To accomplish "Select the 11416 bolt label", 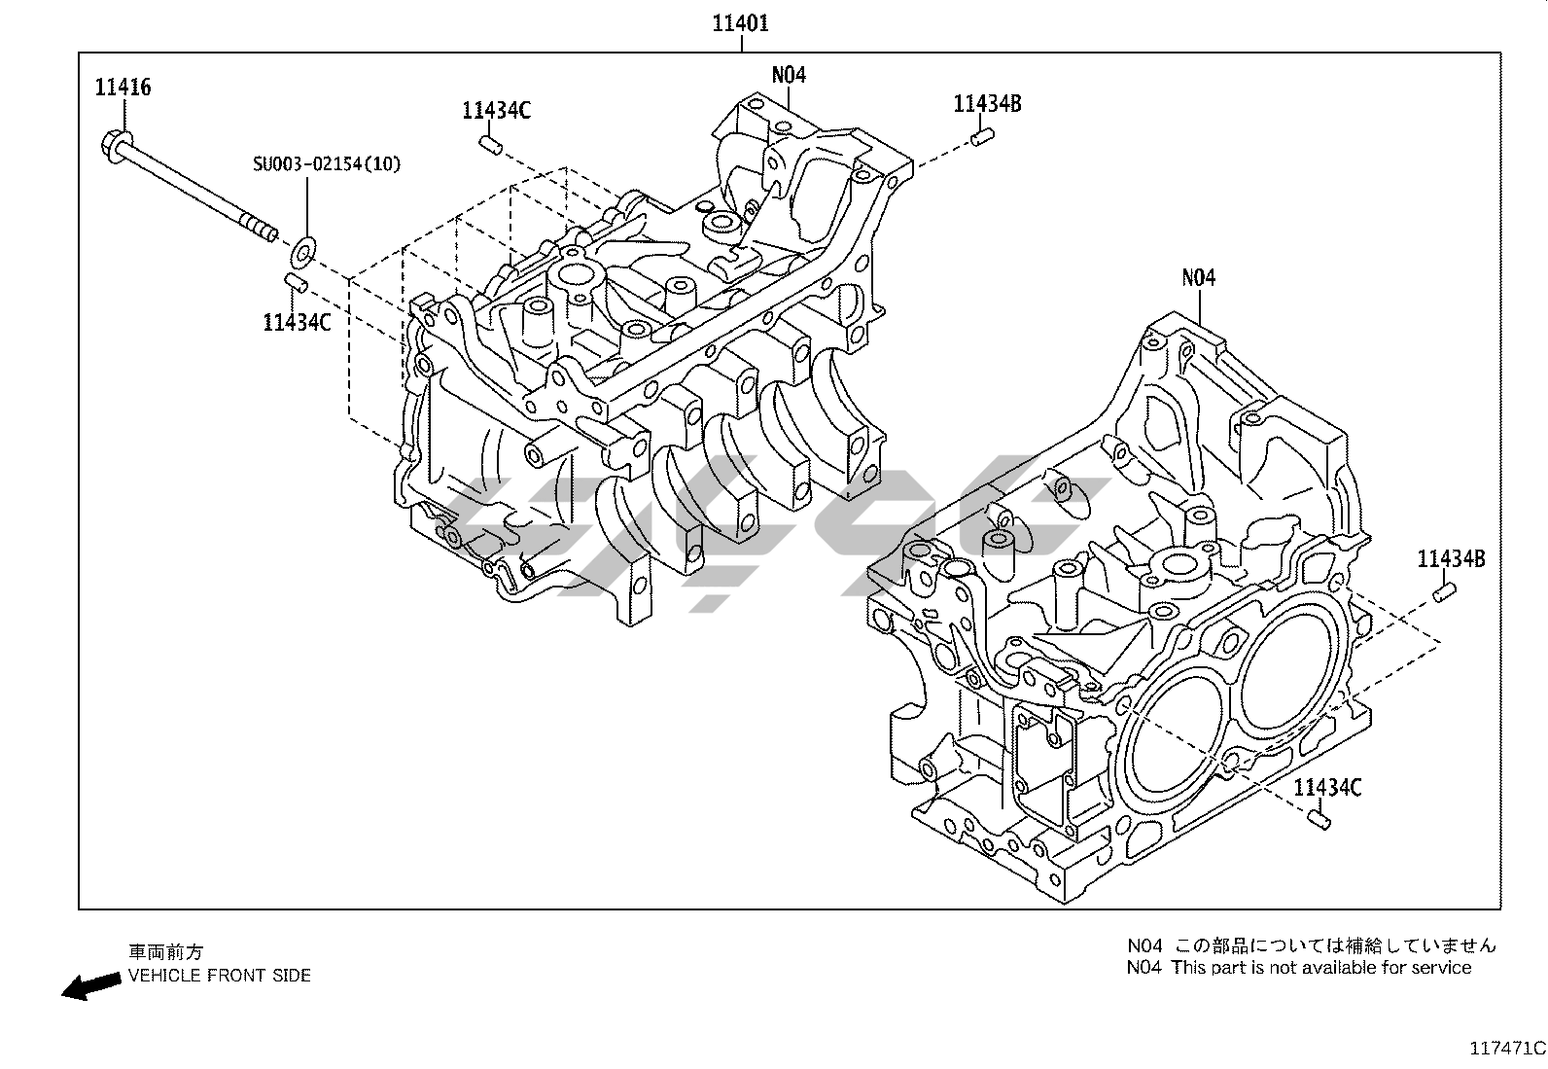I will [123, 87].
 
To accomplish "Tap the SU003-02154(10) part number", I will [326, 163].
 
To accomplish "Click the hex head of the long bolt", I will [111, 144].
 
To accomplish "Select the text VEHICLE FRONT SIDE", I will [220, 976].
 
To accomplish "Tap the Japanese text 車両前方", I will [166, 952].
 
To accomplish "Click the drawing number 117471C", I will [1505, 1049].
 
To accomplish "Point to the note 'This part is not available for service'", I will [1320, 968].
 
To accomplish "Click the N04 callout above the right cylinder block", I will [1198, 278].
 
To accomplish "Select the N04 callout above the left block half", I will [789, 75].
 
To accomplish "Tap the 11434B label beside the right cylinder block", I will [1450, 559].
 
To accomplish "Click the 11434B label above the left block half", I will [987, 104].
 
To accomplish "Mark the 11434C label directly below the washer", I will [297, 322].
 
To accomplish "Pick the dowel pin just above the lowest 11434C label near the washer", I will [296, 283].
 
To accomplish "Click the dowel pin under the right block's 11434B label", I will [1444, 590].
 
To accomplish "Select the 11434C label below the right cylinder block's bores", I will [1327, 787].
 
